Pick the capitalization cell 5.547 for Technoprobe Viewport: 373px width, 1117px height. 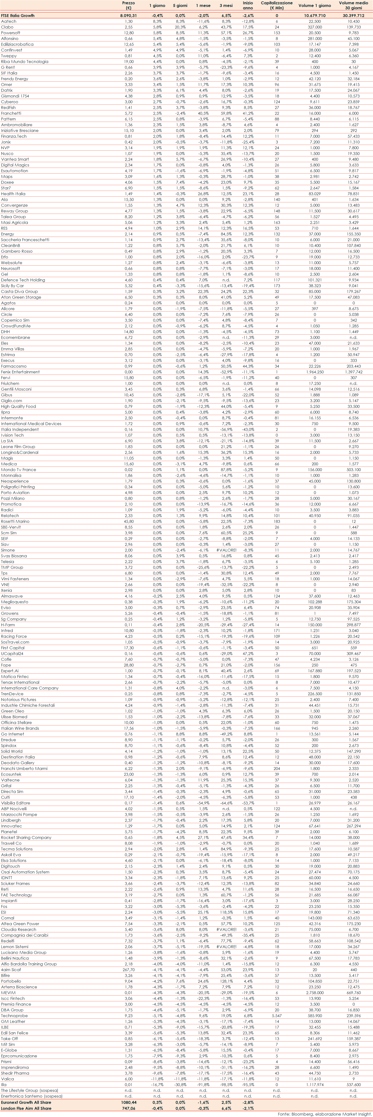[x=277, y=1015]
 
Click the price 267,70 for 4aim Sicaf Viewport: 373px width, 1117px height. [x=128, y=969]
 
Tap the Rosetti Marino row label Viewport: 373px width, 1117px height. [x=15, y=521]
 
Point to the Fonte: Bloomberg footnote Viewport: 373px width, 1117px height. [x=324, y=1114]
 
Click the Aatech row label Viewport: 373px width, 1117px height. [x=9, y=21]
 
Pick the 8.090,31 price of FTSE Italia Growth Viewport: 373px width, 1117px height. [x=128, y=16]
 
